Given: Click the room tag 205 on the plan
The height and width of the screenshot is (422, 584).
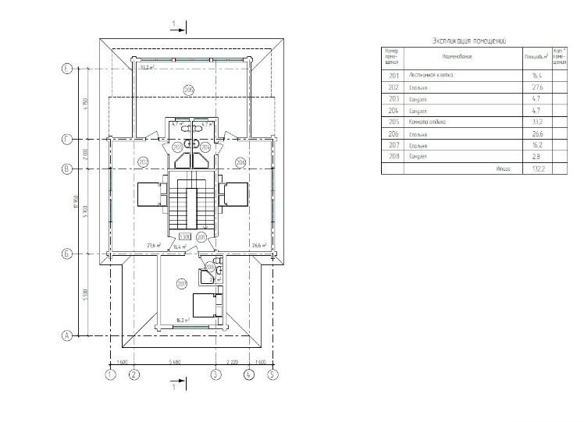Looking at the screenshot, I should [188, 90].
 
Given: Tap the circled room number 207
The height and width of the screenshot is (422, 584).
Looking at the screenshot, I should [181, 282].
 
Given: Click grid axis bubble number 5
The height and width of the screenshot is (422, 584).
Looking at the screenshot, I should [272, 374].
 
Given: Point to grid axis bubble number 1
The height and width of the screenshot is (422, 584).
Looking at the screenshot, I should [110, 374].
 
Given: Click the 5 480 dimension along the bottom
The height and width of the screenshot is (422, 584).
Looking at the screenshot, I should [175, 363].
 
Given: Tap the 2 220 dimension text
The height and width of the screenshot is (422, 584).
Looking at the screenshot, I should [232, 363].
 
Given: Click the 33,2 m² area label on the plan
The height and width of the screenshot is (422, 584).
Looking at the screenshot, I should [147, 68].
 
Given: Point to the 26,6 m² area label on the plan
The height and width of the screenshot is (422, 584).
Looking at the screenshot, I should [260, 245].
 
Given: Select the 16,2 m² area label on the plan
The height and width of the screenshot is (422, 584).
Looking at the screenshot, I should [184, 320].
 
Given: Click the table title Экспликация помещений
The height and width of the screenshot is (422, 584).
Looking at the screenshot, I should [470, 40].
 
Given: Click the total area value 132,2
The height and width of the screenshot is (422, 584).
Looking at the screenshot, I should [538, 168].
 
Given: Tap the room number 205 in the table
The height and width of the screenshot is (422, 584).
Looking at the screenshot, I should [393, 122].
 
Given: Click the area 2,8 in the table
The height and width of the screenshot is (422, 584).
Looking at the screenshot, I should [538, 157].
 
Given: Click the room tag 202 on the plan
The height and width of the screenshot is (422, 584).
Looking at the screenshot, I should [142, 161].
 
